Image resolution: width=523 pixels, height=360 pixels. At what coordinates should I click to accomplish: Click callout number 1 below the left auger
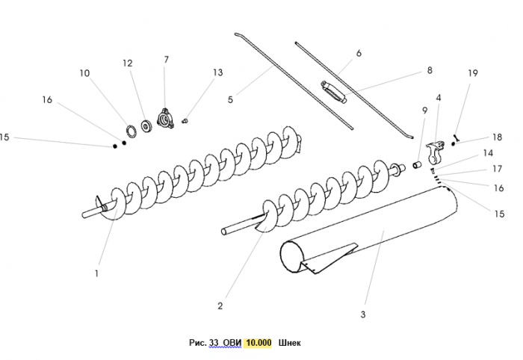coord(96,274)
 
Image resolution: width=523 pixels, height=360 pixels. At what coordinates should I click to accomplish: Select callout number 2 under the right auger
coord(220,305)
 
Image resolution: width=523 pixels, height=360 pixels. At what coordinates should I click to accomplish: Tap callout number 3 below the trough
coord(363,314)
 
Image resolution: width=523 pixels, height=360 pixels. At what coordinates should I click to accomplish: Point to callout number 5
coord(231,99)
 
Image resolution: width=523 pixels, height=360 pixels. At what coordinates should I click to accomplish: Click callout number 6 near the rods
coord(359,54)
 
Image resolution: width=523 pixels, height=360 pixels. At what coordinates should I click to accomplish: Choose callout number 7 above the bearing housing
coord(166,59)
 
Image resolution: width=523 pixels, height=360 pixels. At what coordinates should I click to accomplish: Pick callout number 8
coord(430,70)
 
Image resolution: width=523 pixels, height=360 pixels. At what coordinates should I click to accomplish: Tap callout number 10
coord(84,73)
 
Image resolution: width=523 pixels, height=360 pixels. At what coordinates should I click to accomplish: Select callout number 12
coord(127,63)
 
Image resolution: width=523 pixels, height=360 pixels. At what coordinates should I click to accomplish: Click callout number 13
coord(217,72)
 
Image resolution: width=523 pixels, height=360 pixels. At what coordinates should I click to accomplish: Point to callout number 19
coord(472,73)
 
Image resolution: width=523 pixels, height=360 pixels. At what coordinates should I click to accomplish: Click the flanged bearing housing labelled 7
coord(165,119)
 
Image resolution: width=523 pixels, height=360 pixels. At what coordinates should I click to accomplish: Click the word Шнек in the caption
coord(289,343)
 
